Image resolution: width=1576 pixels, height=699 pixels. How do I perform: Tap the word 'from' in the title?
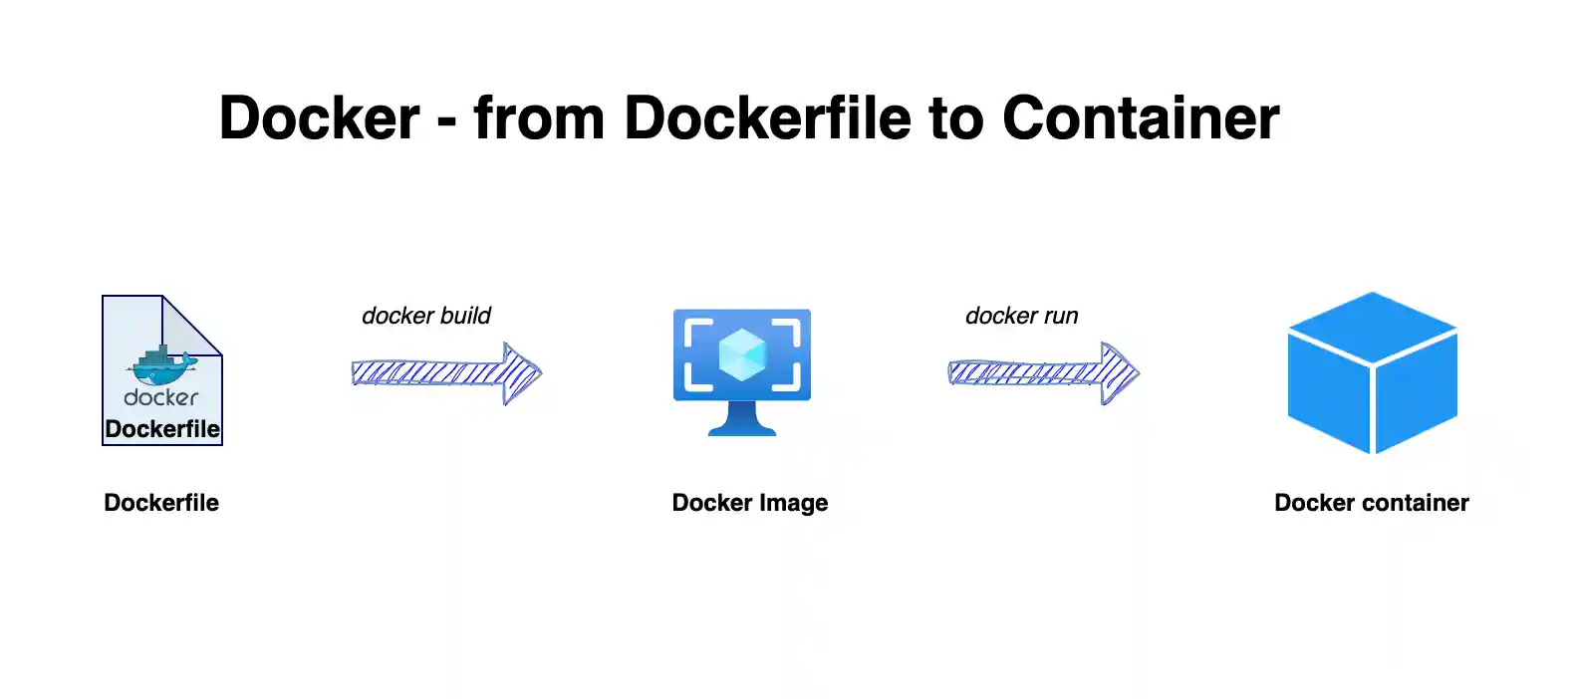pyautogui.click(x=539, y=118)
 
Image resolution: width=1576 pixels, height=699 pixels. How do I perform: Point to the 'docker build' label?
pyautogui.click(x=426, y=316)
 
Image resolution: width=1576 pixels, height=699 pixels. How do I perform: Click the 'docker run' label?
pyautogui.click(x=1021, y=316)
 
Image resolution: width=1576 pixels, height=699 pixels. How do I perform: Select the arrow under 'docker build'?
pyautogui.click(x=445, y=373)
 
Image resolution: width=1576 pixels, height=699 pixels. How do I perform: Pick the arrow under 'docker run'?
pyautogui.click(x=1042, y=373)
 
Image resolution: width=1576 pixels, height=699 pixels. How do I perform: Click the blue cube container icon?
pyautogui.click(x=1372, y=372)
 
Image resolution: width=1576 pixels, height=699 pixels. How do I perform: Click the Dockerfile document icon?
pyautogui.click(x=161, y=370)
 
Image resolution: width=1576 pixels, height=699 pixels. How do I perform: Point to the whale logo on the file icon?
pyautogui.click(x=160, y=365)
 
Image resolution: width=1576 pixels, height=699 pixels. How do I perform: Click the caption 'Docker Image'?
pyautogui.click(x=749, y=503)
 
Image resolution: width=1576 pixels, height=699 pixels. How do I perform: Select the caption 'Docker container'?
pyautogui.click(x=1371, y=503)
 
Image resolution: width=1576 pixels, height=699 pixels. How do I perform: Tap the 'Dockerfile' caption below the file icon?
pyautogui.click(x=161, y=503)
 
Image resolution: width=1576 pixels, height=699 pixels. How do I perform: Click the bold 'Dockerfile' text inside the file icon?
pyautogui.click(x=162, y=429)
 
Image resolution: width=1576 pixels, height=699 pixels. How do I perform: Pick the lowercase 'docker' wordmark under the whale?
pyautogui.click(x=160, y=397)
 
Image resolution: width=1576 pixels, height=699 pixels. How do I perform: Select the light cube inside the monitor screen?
pyautogui.click(x=742, y=354)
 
